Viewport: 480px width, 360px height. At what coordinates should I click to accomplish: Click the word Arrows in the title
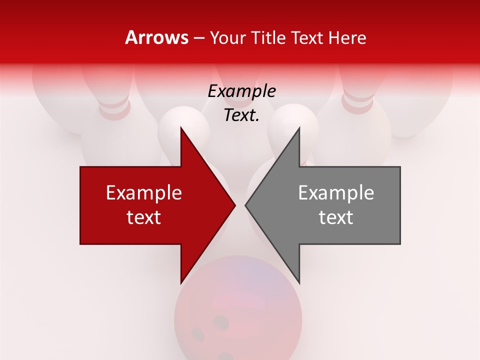(156, 37)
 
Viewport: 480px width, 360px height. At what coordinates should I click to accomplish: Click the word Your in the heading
(227, 38)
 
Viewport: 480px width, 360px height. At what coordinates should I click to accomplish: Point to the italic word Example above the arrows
(241, 91)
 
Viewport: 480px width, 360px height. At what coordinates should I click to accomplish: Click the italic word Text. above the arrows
(241, 115)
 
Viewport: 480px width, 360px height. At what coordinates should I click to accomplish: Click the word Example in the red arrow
(144, 193)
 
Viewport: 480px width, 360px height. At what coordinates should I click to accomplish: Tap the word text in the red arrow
(144, 217)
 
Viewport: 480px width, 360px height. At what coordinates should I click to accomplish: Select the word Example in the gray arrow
(336, 193)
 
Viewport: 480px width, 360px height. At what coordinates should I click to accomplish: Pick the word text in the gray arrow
(336, 217)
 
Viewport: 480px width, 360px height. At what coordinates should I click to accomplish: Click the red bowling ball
(238, 310)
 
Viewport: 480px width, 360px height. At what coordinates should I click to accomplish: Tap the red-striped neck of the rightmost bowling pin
(358, 102)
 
